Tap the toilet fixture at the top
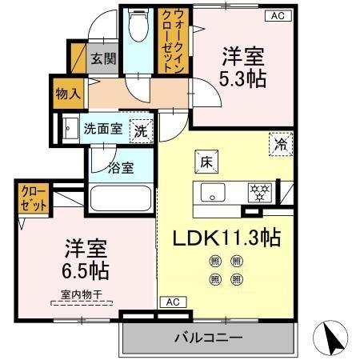tap(138, 27)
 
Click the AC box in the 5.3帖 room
tap(276, 14)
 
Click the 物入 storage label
tap(68, 94)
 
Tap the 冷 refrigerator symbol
tap(280, 145)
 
